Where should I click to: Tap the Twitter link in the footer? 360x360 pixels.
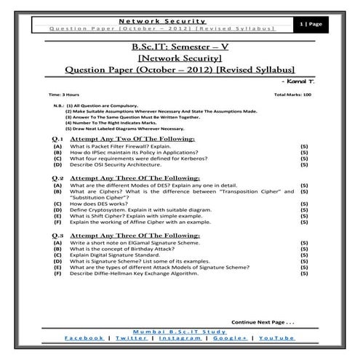[131, 338]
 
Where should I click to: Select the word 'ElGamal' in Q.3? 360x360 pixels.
[132, 244]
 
